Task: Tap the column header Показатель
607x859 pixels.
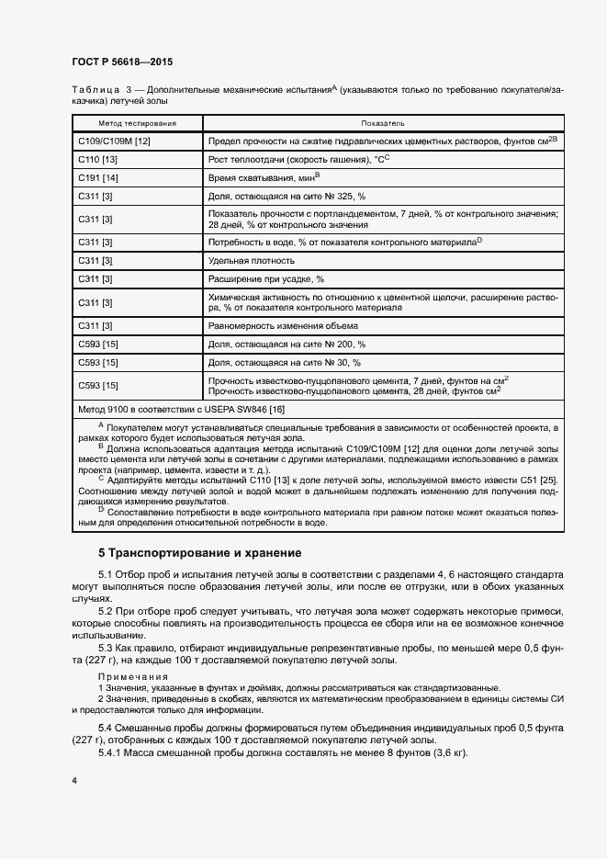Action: [x=383, y=123]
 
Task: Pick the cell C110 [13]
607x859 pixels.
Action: [x=97, y=158]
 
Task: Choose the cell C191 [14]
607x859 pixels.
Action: [x=97, y=176]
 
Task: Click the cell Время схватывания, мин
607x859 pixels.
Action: [x=264, y=176]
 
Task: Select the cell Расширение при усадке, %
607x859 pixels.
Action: [x=266, y=278]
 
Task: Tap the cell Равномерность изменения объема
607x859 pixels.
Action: [x=283, y=326]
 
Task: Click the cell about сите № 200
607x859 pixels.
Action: [x=287, y=344]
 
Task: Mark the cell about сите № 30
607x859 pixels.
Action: [x=285, y=362]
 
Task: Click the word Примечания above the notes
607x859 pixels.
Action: [x=128, y=676]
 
